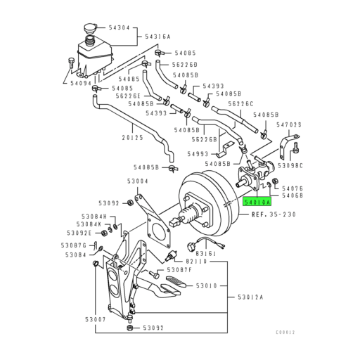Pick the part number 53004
coord(137,180)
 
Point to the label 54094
coord(82,83)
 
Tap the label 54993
coord(199,153)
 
